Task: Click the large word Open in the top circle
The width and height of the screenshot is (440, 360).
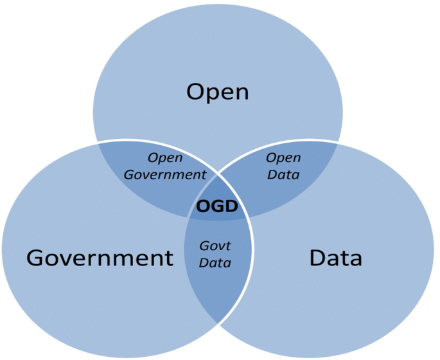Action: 217,92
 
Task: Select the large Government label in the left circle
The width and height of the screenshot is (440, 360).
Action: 100,258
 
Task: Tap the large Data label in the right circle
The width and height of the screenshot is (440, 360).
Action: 335,258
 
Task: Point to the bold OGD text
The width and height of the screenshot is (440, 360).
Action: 217,207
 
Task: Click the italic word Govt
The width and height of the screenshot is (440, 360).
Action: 215,246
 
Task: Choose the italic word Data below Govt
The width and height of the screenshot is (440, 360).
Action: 215,262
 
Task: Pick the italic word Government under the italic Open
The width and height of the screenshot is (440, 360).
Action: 165,174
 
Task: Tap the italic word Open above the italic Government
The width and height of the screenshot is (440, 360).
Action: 165,157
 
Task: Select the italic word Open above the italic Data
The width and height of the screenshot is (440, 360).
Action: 283,157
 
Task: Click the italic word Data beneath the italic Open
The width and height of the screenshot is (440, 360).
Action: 283,174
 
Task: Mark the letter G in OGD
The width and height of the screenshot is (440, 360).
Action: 217,207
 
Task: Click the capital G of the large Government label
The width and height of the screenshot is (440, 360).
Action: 37,258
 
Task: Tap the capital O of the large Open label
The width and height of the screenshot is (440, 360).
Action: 197,92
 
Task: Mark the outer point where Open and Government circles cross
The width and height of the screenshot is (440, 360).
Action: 98,142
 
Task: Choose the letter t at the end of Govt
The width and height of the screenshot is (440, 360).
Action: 228,246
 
